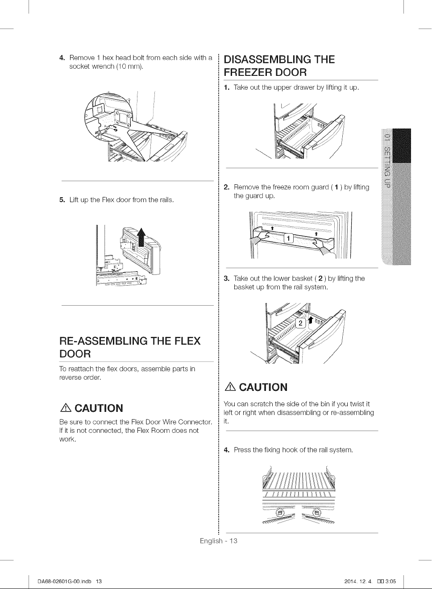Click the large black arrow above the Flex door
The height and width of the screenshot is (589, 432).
[142, 236]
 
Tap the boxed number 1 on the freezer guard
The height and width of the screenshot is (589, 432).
[288, 238]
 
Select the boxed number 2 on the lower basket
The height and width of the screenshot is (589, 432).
[301, 323]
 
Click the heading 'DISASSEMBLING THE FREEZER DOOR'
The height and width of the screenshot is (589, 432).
[279, 66]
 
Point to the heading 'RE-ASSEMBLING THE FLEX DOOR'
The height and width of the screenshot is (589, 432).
[130, 347]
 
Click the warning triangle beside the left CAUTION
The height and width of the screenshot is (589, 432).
[65, 408]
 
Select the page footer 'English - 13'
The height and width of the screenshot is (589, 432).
[219, 541]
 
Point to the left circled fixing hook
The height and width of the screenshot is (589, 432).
[280, 513]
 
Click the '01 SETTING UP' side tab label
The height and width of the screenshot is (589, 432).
[387, 160]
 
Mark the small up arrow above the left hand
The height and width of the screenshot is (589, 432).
[272, 228]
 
